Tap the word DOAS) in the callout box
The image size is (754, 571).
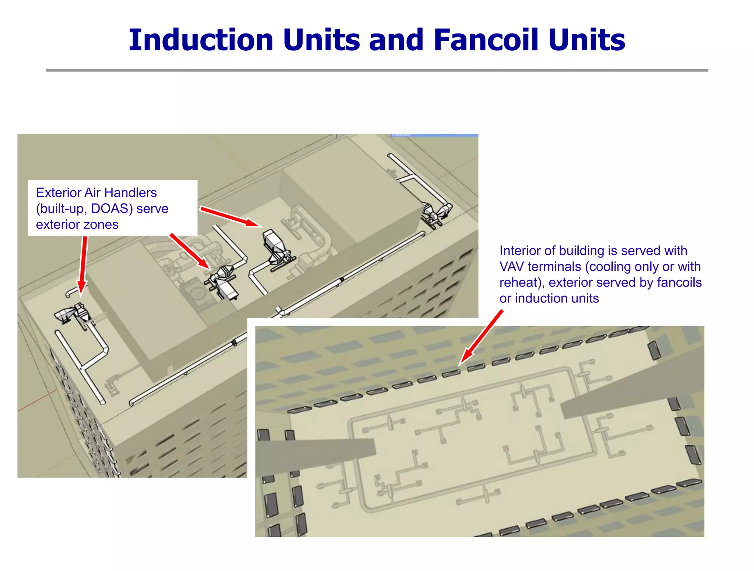tap(112, 209)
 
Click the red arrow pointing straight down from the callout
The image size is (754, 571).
tap(83, 265)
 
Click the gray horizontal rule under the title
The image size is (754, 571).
tap(377, 70)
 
